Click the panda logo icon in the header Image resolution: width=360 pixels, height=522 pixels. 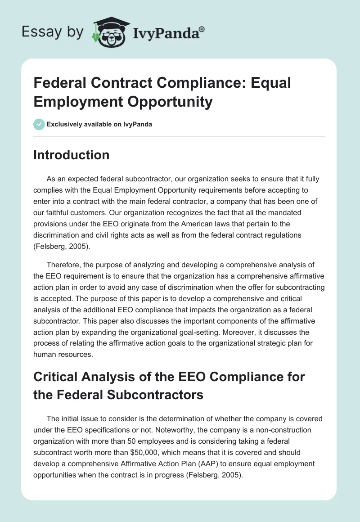point(108,31)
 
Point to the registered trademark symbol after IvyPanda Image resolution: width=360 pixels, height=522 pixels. point(202,29)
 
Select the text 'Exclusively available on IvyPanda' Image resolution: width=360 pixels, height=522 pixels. point(99,124)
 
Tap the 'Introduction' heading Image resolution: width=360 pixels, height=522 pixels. point(72,155)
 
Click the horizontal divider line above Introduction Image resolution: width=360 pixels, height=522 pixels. point(180,136)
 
